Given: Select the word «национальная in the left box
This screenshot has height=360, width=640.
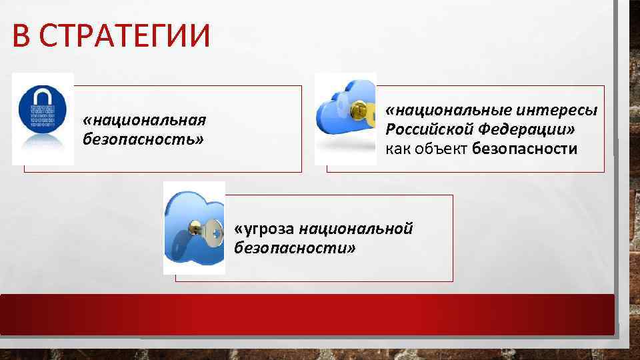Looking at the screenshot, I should coord(143,121).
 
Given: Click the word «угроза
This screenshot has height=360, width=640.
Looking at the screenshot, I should coord(264,229).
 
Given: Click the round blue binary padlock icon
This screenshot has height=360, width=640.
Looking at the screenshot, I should coord(43,110).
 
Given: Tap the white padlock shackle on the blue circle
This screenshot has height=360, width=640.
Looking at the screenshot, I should coord(43,95).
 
